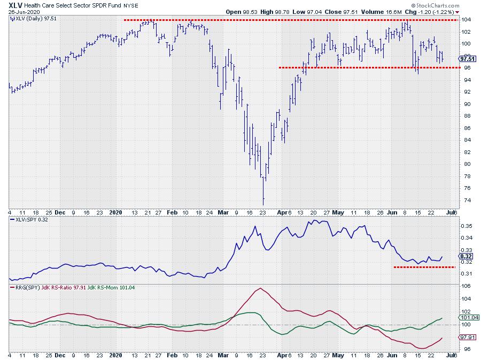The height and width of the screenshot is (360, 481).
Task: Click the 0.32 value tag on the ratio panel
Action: (465, 256)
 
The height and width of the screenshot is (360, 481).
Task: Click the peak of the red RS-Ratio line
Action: (260, 288)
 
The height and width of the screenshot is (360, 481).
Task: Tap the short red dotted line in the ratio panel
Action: (424, 267)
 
